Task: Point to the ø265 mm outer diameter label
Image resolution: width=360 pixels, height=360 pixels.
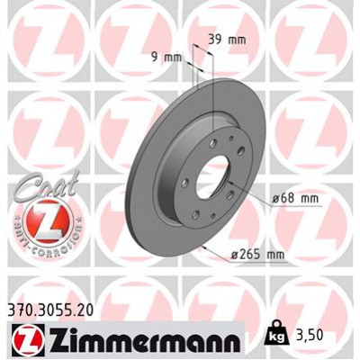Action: [257, 255]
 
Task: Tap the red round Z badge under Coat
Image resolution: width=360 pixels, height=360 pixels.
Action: [42, 221]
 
